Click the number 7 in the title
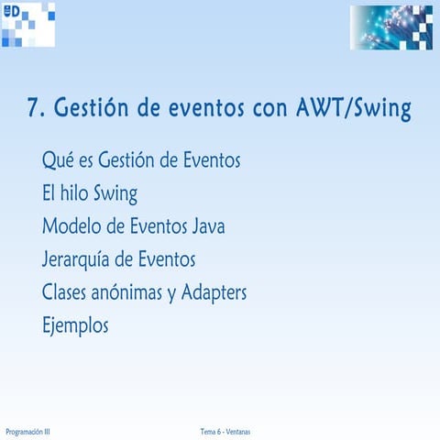coord(33,109)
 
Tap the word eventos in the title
coord(203,109)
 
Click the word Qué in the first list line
coord(57,160)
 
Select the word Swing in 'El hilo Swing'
coord(118,194)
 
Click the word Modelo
coord(71,226)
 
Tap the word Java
coord(203,226)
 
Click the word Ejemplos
coord(75,326)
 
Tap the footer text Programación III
coord(27,431)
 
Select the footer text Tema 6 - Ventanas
coord(225,431)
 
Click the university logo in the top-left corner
coord(27,25)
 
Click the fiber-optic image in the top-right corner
coord(390,27)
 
